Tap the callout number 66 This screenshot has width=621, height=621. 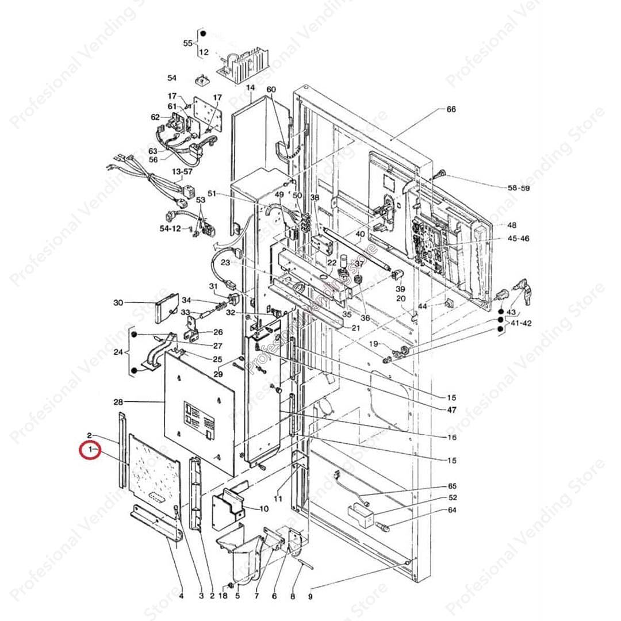(451, 109)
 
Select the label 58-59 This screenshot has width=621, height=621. (519, 188)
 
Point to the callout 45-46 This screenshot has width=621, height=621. (518, 238)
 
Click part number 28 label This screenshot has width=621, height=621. (118, 401)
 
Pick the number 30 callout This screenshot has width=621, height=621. (118, 302)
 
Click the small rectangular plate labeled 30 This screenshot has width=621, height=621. (168, 305)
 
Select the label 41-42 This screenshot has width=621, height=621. (520, 323)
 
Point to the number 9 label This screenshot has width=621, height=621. (310, 596)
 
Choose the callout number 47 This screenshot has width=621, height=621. (452, 410)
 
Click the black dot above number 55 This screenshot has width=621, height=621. (203, 34)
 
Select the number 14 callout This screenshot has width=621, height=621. (250, 87)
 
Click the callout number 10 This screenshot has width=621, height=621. (264, 508)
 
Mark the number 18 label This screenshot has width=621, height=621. (223, 596)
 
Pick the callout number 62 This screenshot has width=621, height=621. (155, 117)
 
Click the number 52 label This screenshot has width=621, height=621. (452, 498)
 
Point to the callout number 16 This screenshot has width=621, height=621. (452, 438)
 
